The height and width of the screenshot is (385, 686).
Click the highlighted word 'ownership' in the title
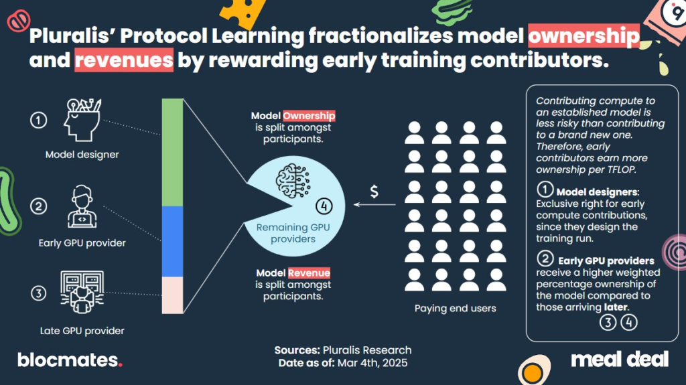click(584, 36)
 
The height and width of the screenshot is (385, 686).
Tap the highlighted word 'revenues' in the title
click(124, 60)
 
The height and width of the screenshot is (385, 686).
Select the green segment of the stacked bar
click(172, 152)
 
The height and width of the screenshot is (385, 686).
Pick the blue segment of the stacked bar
click(172, 242)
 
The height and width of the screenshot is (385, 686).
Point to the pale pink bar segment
click(172, 295)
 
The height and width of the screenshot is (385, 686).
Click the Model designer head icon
click(82, 119)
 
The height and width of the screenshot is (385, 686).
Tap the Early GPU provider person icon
click(82, 206)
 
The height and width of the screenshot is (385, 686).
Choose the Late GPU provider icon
click(82, 292)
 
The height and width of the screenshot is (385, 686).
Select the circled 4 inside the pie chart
click(324, 206)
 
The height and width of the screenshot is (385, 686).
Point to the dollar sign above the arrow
click(374, 191)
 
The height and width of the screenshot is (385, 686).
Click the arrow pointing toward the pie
click(374, 204)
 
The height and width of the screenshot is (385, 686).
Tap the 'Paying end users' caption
click(456, 309)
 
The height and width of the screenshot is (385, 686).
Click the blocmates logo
click(70, 360)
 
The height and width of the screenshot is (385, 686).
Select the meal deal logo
click(620, 360)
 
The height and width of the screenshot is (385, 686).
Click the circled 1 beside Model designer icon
click(38, 120)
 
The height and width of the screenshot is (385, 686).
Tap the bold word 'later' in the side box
click(616, 307)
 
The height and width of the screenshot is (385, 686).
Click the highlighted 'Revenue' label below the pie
click(309, 273)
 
